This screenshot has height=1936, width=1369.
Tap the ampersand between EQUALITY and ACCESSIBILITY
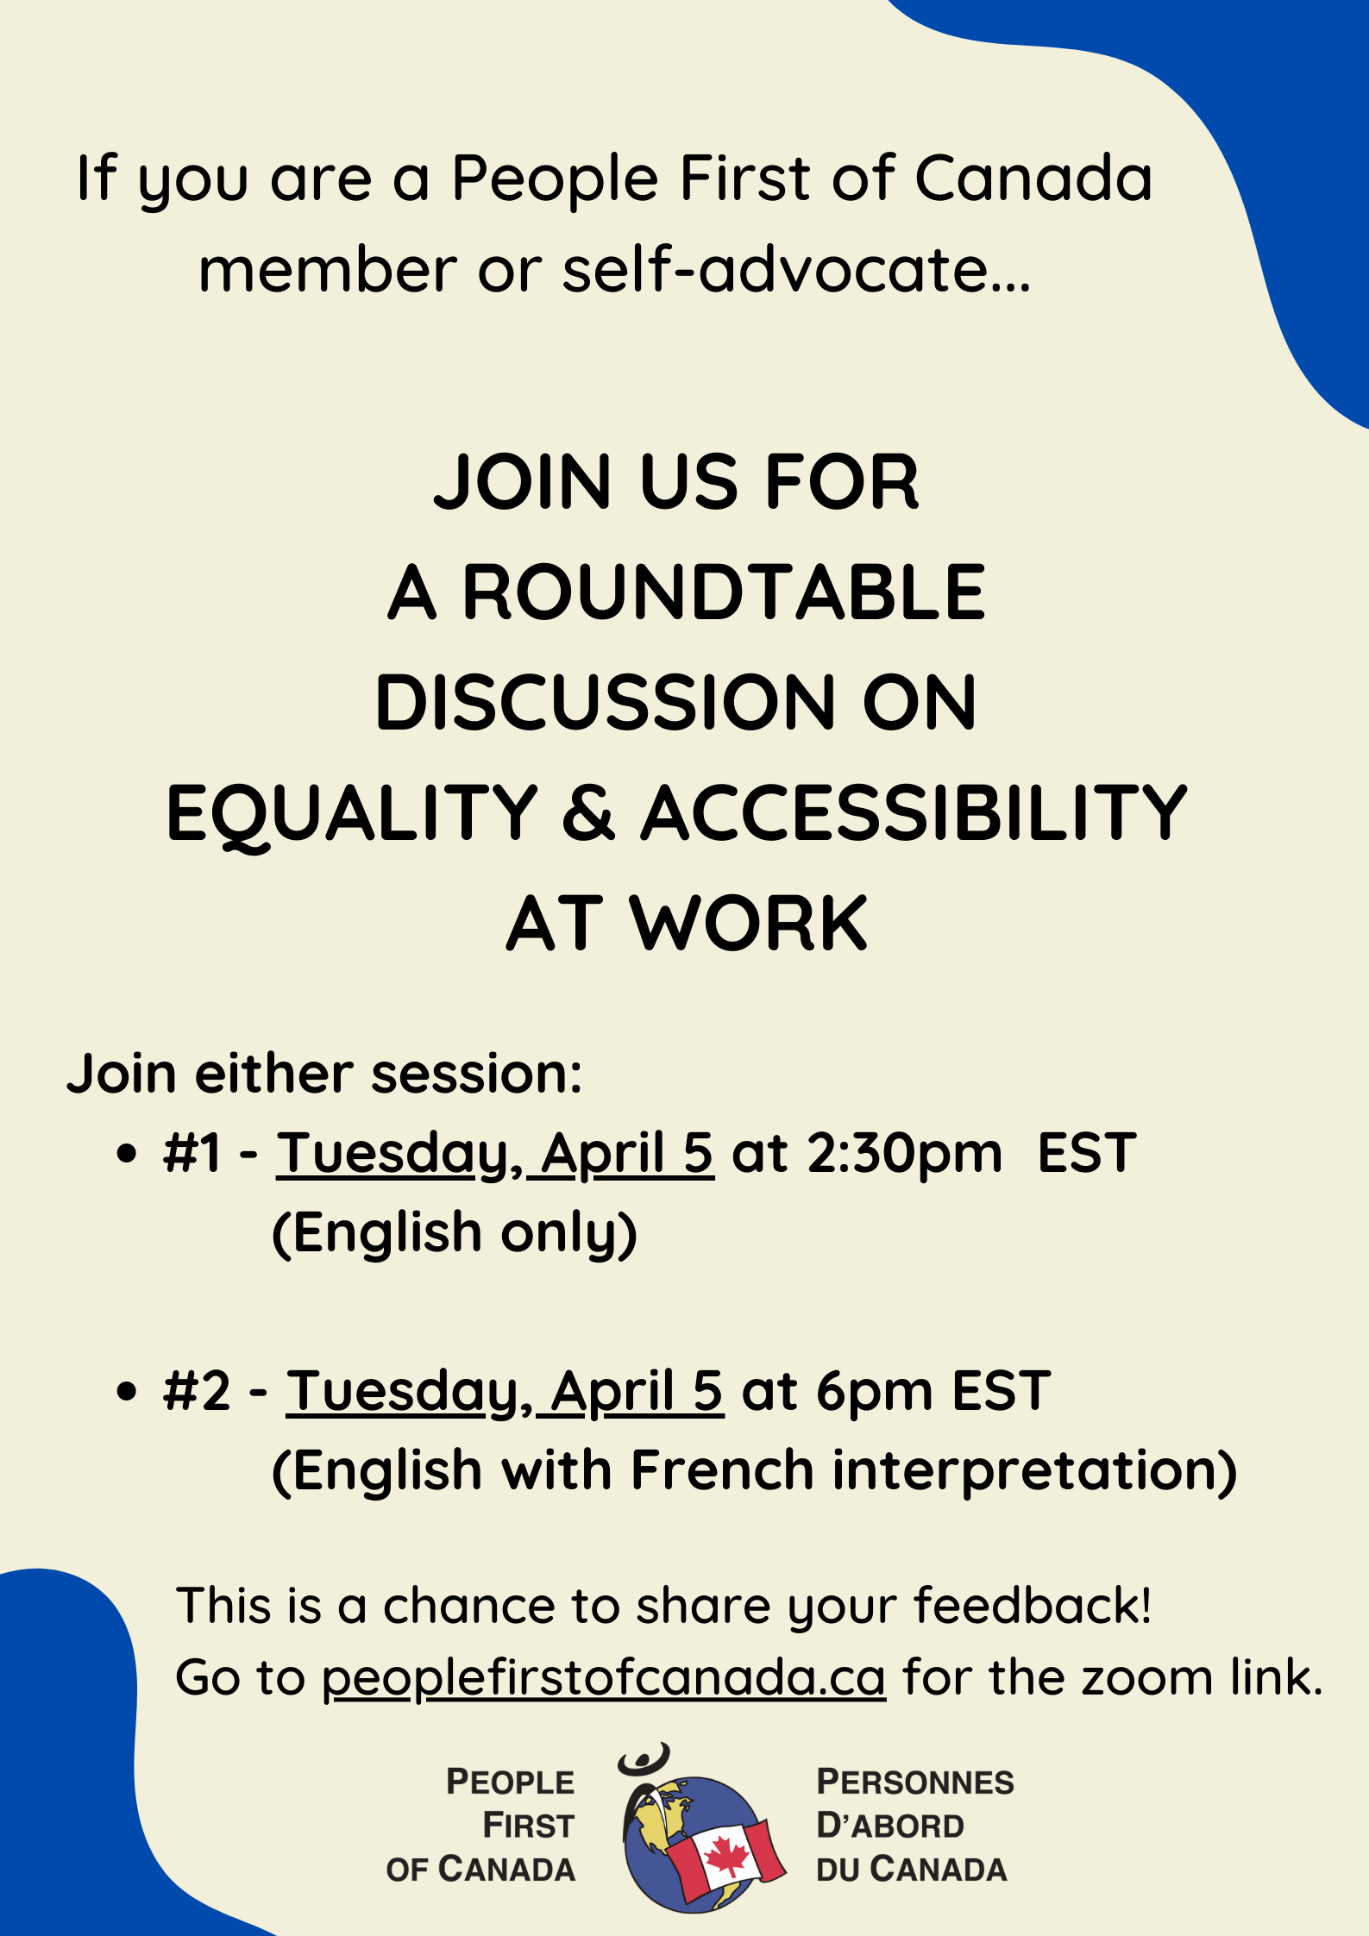(x=589, y=812)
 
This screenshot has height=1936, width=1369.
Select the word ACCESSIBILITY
(x=914, y=812)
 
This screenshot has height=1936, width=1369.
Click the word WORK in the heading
(x=749, y=924)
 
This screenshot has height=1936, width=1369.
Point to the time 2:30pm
(x=905, y=1154)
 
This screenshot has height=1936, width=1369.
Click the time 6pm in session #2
(x=875, y=1391)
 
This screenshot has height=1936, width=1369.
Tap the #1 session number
(x=192, y=1153)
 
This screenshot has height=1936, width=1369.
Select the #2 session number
(x=197, y=1390)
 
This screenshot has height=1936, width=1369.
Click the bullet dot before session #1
(x=127, y=1154)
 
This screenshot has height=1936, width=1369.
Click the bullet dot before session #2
(x=127, y=1391)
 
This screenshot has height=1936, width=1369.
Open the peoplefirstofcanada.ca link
(x=604, y=1678)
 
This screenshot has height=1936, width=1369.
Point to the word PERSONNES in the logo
(x=915, y=1782)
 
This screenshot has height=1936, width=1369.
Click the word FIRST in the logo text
(x=528, y=1825)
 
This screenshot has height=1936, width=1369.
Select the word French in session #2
(x=723, y=1469)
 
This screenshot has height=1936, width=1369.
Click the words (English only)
(x=455, y=1232)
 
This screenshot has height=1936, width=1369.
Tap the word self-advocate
(x=796, y=270)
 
